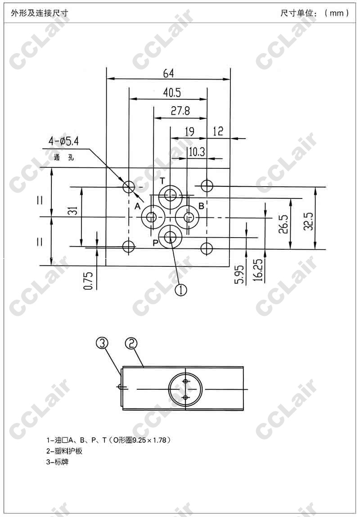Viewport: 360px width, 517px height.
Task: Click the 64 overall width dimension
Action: [x=168, y=73]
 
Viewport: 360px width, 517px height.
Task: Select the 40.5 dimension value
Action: [x=172, y=93]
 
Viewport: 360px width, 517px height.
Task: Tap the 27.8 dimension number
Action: [x=180, y=111]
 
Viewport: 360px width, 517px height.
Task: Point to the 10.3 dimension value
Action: [x=197, y=153]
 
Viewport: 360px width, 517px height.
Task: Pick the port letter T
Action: [x=162, y=180]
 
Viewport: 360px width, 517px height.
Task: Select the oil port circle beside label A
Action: [x=153, y=217]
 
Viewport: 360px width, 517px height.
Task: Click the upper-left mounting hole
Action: [x=129, y=187]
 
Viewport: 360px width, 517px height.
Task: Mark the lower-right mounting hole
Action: [x=207, y=247]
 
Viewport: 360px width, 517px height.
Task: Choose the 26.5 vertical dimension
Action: [x=284, y=224]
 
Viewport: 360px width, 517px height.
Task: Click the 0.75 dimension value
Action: [x=89, y=281]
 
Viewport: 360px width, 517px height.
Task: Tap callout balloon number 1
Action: [x=181, y=290]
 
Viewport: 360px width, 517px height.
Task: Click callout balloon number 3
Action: [x=102, y=343]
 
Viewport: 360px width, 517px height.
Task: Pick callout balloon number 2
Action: [x=131, y=343]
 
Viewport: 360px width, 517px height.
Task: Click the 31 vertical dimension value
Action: [x=75, y=211]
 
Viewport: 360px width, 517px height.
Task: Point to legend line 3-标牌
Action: [x=57, y=462]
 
